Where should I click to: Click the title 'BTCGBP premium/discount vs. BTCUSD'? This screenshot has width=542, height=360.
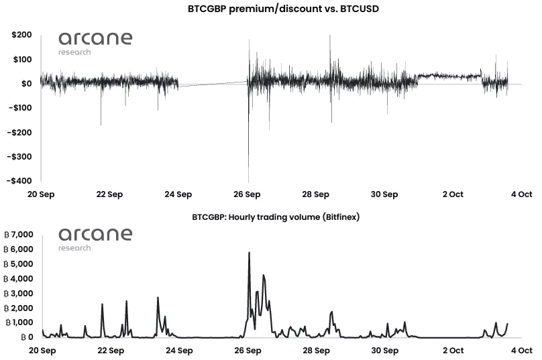coord(270,9)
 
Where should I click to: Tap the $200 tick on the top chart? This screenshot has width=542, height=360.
coord(22,35)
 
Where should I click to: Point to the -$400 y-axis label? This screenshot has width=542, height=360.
coord(20,180)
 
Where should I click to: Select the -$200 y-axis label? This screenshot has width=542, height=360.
coord(20,132)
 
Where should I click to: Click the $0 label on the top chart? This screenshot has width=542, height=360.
coord(27,84)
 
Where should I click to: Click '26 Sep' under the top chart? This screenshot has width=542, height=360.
coord(247,194)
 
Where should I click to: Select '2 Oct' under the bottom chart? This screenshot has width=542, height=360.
coord(452,351)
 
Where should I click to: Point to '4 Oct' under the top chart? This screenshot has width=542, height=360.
coord(521,194)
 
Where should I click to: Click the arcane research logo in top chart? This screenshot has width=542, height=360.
coord(95,42)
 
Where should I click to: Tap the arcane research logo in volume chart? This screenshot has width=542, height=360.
coord(95,238)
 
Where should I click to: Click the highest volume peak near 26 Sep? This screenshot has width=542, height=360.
coord(249,253)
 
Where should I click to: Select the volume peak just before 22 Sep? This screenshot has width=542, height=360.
coord(102,305)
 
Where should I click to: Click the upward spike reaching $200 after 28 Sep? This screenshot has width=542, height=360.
coord(330,38)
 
